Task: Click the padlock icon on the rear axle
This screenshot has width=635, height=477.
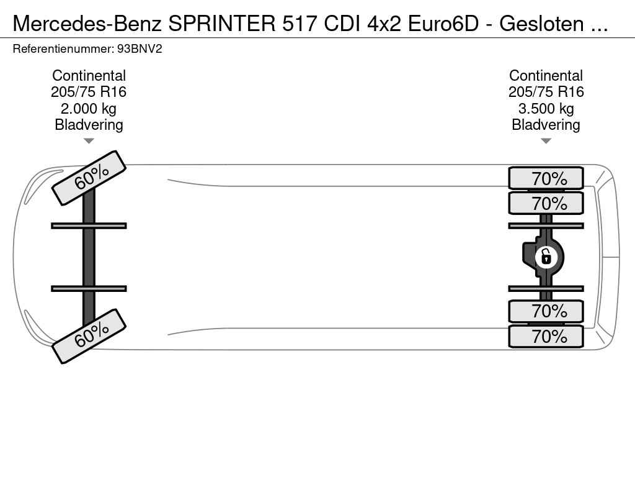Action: (546, 257)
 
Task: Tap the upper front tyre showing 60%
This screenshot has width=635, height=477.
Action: (89, 178)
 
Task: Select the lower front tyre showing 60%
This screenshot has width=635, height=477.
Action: (89, 336)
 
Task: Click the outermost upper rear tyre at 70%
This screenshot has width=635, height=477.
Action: (546, 178)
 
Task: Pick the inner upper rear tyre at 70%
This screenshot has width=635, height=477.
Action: (546, 203)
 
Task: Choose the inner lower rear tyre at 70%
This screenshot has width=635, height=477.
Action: (546, 311)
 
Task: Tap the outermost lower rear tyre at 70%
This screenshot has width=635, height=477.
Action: (546, 336)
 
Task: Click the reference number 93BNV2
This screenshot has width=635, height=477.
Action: (140, 49)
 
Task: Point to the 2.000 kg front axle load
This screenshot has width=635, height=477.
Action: (89, 108)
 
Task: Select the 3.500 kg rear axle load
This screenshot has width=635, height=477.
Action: (546, 108)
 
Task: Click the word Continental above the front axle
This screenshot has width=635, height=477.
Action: (89, 75)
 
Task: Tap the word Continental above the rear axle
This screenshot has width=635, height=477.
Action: (546, 75)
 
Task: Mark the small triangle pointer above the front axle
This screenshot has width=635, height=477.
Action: (89, 141)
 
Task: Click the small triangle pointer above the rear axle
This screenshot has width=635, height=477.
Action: (546, 141)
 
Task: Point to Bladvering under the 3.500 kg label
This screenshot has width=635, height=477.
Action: (546, 124)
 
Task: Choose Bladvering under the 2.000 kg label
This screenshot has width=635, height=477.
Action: (89, 124)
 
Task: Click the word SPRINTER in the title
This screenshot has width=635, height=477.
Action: (222, 24)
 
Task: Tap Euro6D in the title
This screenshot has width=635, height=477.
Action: (443, 24)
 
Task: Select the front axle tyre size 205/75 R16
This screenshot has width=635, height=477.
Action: (89, 92)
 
